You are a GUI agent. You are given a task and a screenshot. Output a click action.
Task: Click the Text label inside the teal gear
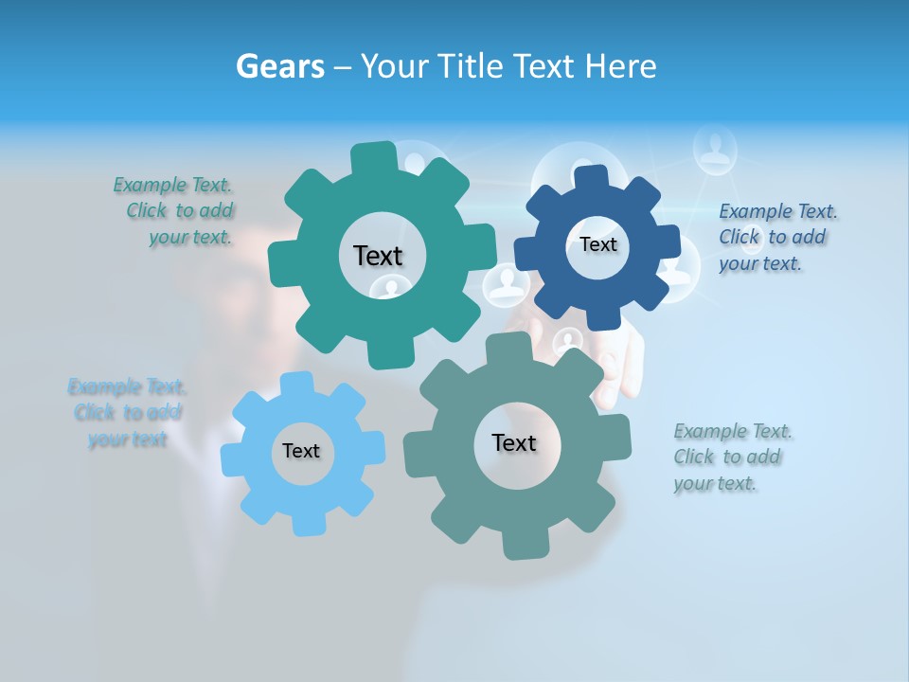pos(378,256)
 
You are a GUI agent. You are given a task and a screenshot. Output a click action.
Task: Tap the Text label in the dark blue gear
pos(597,244)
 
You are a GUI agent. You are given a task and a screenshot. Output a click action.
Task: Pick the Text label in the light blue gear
pos(301,451)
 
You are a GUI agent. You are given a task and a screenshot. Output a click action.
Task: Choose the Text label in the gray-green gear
pos(514,442)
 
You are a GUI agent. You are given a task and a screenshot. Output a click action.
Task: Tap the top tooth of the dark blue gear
pos(591,177)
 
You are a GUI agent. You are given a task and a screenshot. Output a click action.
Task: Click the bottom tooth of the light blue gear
pos(303,524)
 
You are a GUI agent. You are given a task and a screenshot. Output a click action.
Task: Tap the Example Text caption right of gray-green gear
pos(731,457)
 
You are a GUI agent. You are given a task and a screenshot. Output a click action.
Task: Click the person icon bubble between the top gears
pos(506,284)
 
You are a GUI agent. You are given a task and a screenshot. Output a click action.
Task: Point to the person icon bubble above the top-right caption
pos(715,149)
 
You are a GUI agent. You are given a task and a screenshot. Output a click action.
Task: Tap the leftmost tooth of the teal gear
pos(281,261)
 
